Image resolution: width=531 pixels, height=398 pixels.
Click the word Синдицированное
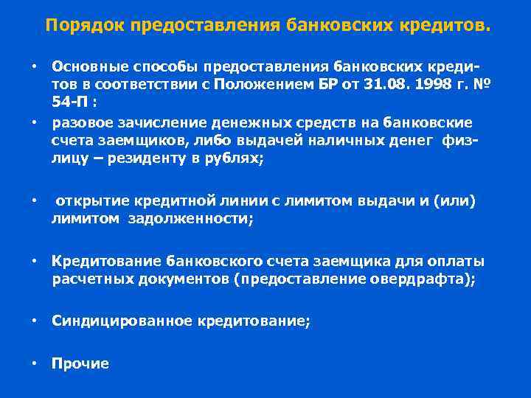[119, 321]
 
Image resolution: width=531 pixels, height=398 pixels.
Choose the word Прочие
[80, 363]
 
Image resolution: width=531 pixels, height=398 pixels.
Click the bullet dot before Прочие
[34, 363]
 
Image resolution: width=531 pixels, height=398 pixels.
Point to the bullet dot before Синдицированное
[34, 321]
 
